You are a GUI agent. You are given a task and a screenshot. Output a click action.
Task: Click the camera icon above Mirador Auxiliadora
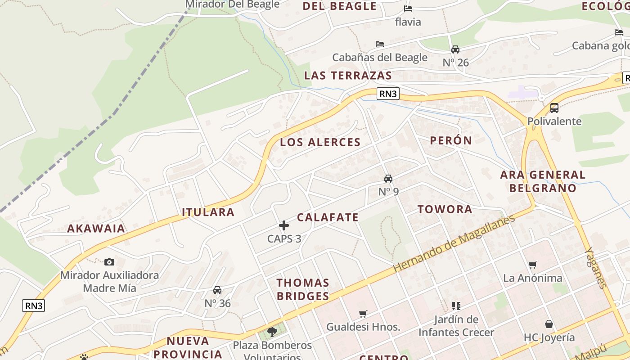coord(109,262)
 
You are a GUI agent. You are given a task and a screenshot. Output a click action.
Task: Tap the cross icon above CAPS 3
coord(284,225)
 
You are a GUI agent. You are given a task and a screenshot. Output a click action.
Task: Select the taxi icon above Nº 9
coord(388,178)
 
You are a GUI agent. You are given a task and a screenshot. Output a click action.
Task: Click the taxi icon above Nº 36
coord(217,290)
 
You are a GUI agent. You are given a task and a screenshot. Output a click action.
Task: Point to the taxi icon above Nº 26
coord(455,49)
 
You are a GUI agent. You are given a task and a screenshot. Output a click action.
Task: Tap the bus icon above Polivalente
coord(554,108)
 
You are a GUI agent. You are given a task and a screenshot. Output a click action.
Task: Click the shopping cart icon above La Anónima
coord(533,265)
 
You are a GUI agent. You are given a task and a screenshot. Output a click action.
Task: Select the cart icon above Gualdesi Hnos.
coord(363,314)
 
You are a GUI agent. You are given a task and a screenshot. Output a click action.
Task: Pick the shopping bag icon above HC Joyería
coord(549,324)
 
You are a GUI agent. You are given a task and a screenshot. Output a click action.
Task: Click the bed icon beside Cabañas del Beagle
coord(380,44)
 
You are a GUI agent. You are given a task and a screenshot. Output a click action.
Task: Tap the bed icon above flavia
coord(408,9)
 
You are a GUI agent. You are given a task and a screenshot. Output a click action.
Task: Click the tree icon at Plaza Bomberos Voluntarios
coord(272,332)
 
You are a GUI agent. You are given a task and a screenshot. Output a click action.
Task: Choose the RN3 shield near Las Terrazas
coord(388,94)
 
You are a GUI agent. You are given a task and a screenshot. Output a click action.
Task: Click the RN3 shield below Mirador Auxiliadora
coord(34,306)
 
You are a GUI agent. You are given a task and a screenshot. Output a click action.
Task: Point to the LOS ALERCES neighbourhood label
coord(320,142)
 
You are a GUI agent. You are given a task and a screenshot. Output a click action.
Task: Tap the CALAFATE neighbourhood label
coord(328,217)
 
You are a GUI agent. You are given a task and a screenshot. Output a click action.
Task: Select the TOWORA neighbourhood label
coord(445,209)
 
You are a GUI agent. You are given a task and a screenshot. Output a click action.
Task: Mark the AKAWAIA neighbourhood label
coord(96,229)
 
